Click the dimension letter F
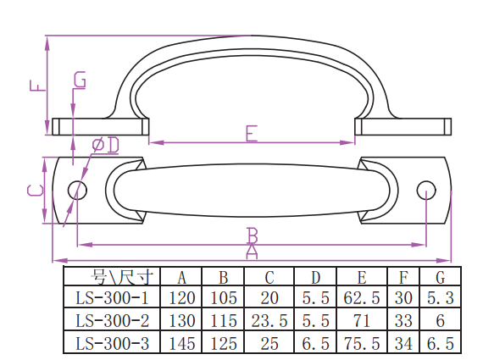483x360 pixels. (37, 86)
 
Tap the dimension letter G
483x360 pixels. (80, 80)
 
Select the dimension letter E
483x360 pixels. (252, 133)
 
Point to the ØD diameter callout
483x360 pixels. (106, 145)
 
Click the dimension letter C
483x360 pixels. (35, 190)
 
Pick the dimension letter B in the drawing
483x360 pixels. (253, 235)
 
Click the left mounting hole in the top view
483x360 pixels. (77, 190)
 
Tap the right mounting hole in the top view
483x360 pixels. (426, 190)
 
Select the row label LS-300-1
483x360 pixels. (112, 298)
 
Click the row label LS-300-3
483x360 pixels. (112, 343)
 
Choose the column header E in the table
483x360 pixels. (362, 277)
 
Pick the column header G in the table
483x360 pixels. (441, 277)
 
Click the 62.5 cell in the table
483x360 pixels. (362, 298)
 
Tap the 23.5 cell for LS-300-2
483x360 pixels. (269, 320)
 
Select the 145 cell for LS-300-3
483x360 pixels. (181, 343)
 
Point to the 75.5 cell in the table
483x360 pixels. (362, 343)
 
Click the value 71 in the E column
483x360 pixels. (362, 320)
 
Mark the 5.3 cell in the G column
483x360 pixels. (441, 298)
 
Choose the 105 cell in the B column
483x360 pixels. (224, 298)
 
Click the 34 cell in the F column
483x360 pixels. (403, 343)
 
